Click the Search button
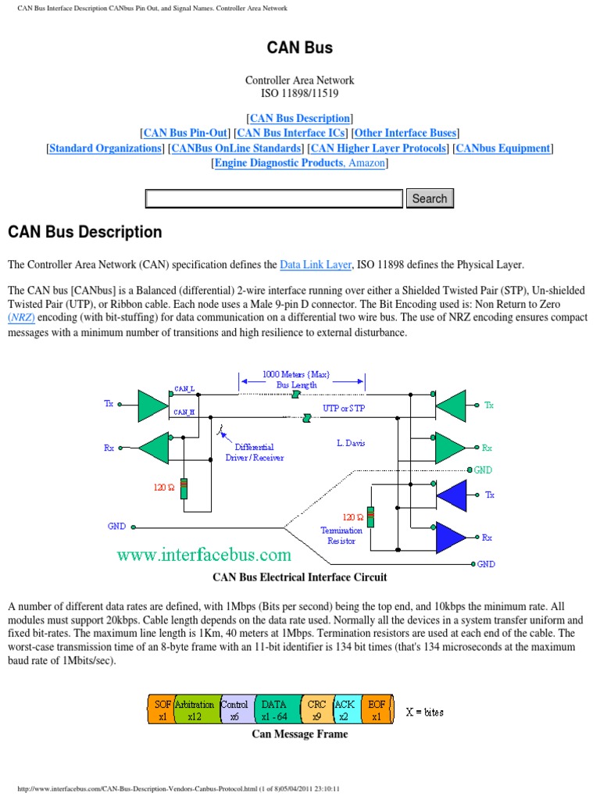tap(429, 198)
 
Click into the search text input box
tap(274, 198)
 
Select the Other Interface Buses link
tap(405, 133)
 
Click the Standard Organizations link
tap(105, 148)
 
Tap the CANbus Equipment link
tap(503, 148)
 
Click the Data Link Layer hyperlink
tap(316, 265)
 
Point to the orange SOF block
tap(161, 710)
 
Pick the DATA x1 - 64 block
tap(274, 710)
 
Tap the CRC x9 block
tap(316, 710)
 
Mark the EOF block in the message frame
tap(377, 710)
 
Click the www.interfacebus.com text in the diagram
tap(204, 555)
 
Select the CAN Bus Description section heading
tap(85, 232)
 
